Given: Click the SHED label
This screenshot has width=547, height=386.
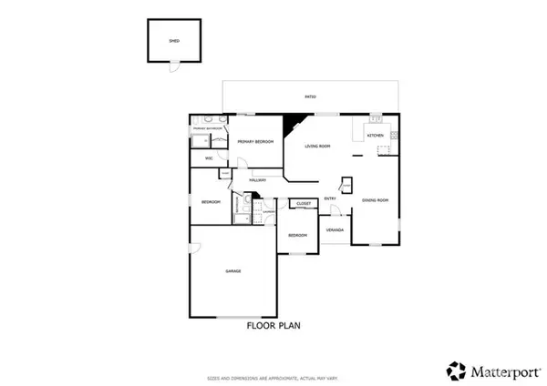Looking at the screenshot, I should (x=175, y=41).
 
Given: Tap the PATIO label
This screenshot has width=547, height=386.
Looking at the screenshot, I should (x=310, y=96).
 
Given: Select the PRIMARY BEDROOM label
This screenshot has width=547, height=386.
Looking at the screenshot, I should (x=256, y=142).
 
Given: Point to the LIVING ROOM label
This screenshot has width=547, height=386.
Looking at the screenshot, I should (x=317, y=146).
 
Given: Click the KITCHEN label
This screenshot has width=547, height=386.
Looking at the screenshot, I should (x=376, y=136).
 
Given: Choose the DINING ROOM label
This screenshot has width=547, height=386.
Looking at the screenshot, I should (x=376, y=198).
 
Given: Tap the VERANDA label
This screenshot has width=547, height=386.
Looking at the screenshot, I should (x=335, y=229).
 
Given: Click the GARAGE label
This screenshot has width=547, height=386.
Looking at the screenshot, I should (x=233, y=271).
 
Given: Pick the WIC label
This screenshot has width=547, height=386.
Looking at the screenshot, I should (x=209, y=158).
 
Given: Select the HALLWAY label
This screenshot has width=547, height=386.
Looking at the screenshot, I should (x=256, y=180).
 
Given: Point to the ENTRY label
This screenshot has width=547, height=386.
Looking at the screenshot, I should (x=330, y=198).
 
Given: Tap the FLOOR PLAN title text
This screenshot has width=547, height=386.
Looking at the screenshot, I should (x=273, y=324).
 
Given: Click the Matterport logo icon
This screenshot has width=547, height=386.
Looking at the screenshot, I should (x=455, y=371).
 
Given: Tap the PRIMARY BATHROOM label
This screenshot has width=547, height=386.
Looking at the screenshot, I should (x=206, y=129).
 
